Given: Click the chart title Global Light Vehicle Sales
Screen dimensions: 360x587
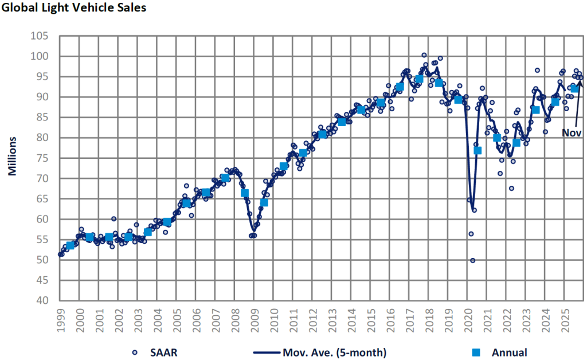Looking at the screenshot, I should click(73, 8).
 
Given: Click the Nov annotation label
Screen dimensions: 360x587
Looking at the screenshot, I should click(572, 133).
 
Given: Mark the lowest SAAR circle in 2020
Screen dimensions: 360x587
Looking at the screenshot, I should click(473, 260).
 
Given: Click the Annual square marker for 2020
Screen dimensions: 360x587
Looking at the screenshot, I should click(478, 150).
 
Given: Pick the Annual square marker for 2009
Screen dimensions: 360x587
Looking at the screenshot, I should click(264, 202).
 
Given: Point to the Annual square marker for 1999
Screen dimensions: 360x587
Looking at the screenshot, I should click(71, 245).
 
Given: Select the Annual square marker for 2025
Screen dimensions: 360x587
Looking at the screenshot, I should click(574, 88).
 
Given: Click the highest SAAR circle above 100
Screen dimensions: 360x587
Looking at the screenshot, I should click(424, 55).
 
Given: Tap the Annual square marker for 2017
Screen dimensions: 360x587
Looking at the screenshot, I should click(419, 79).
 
